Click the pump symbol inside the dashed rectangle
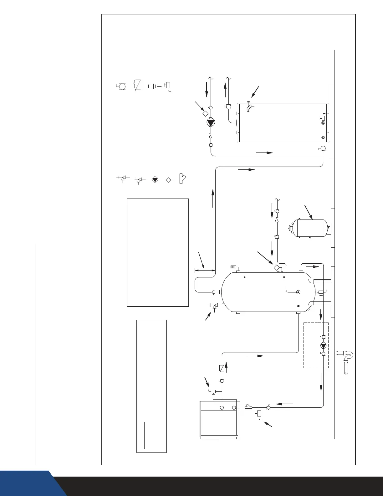point(323,345)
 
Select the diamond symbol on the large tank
point(277,268)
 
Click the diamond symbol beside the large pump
point(205,113)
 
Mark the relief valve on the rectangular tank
point(249,107)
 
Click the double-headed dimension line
point(205,269)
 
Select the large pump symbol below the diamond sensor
point(210,122)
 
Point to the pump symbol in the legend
point(154,180)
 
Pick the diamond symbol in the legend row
point(169,180)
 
